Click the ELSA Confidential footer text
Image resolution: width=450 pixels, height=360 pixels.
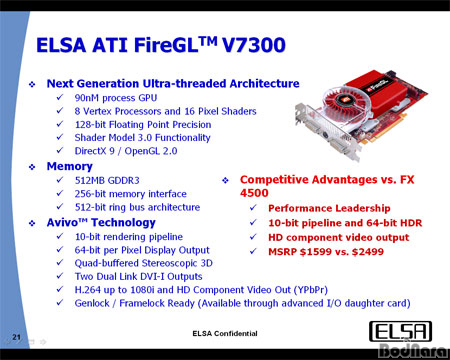(225, 331)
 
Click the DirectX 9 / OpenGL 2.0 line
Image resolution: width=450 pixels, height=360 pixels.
(134, 153)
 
